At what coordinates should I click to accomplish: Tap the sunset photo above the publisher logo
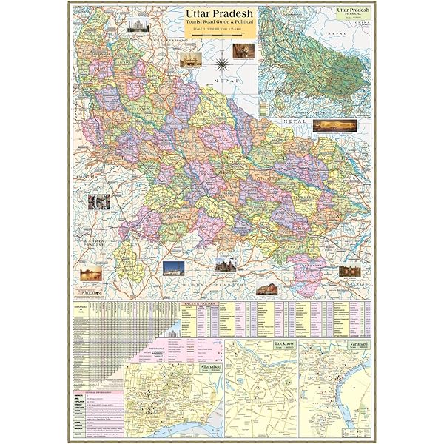pyautogui.click(x=91, y=275)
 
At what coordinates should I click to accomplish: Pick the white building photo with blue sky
pyautogui.click(x=173, y=268)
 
